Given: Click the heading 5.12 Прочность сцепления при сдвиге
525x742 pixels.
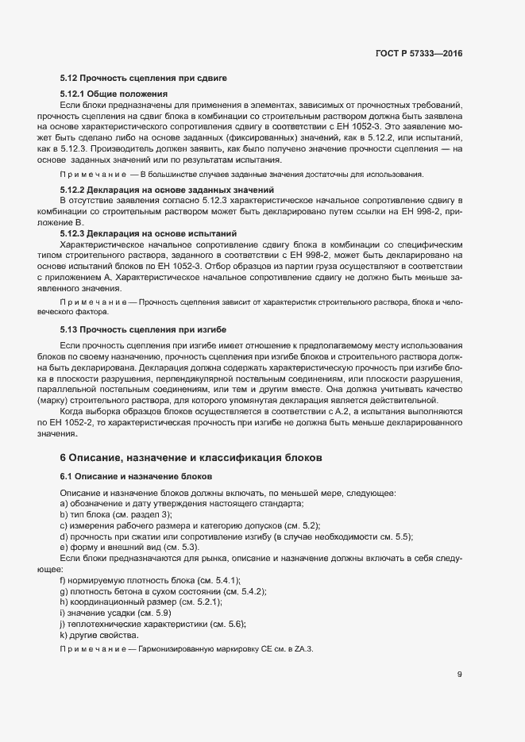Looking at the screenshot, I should pos(144,79).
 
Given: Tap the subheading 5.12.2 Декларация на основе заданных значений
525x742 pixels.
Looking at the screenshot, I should pos(167,190).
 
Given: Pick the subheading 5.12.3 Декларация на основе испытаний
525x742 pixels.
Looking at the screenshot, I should pos(149,233).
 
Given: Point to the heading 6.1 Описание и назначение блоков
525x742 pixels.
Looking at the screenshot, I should pos(136,477).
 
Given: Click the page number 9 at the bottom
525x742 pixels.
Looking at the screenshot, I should pos(459,674).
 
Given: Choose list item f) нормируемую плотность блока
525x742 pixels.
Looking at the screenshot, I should pos(149,581).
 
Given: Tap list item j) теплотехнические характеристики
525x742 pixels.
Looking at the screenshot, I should pos(152,625).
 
